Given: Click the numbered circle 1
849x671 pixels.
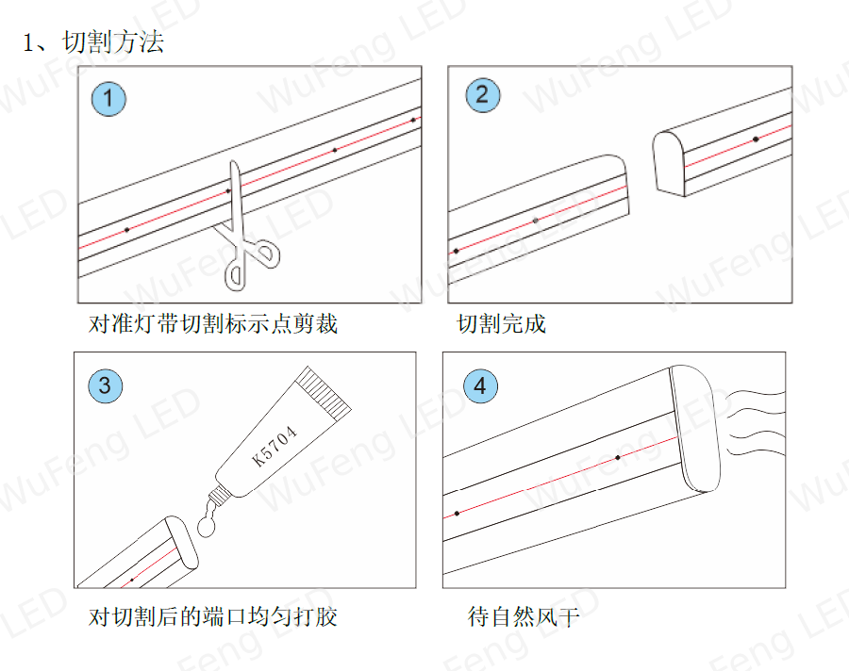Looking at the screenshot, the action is [x=108, y=99].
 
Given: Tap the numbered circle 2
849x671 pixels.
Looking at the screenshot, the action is [x=482, y=94].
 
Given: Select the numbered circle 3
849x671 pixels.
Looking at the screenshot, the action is [x=105, y=385].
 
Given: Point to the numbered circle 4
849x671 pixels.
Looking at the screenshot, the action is [x=480, y=385].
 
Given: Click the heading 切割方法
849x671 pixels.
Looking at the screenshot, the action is [x=112, y=42].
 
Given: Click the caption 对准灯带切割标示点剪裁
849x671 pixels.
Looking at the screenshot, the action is [x=213, y=323].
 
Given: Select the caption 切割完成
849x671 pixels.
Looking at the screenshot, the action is [x=502, y=323].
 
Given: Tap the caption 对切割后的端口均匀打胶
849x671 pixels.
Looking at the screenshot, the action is [x=213, y=616].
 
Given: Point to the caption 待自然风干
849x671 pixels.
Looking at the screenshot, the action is [x=524, y=616].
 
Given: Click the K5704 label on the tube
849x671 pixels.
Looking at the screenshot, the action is [x=275, y=446].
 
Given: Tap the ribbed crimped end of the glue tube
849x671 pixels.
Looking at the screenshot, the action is [x=324, y=393].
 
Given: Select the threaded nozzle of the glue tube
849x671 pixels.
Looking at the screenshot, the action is [x=218, y=495].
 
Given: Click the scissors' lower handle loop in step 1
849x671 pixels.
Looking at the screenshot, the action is [x=236, y=274].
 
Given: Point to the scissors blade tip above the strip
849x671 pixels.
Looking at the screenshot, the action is [x=233, y=162].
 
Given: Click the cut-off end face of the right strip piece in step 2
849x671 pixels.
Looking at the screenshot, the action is [x=669, y=161].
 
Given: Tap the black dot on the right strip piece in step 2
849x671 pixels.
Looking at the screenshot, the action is [x=756, y=139].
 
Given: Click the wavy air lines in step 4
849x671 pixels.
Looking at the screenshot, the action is [x=755, y=422].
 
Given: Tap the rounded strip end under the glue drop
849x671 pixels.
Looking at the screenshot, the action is [x=181, y=542].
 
